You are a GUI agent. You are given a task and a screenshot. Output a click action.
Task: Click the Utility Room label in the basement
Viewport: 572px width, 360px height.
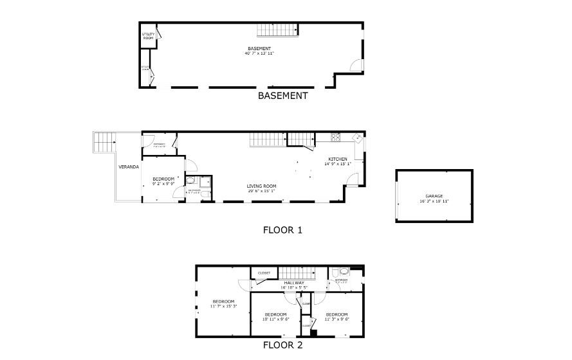click(148, 37)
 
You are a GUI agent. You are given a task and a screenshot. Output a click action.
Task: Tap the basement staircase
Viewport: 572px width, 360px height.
click(279, 30)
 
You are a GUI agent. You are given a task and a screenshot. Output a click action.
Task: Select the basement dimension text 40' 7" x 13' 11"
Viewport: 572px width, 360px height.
click(259, 53)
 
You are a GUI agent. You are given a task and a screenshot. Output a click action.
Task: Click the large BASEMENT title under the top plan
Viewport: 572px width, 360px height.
click(282, 96)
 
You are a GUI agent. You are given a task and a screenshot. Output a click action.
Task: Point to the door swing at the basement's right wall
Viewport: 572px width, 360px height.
click(355, 65)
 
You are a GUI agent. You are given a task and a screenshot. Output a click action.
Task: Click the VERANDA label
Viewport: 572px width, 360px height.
click(129, 167)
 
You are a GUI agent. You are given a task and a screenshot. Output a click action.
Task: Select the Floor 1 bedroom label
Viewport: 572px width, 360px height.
click(163, 179)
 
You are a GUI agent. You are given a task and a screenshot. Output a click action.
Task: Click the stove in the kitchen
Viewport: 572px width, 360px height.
click(335, 136)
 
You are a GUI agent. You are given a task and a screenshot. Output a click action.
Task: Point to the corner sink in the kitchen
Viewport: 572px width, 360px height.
click(357, 137)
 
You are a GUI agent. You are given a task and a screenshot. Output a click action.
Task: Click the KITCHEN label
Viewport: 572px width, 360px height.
click(337, 159)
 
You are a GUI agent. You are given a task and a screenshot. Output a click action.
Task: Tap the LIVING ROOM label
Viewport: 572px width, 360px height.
click(261, 186)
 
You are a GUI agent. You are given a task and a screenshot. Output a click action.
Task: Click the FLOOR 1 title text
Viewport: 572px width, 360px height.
click(282, 230)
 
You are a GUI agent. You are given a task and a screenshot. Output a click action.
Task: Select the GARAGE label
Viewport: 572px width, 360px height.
click(434, 196)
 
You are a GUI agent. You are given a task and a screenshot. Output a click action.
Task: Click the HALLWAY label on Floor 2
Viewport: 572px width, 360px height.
click(294, 283)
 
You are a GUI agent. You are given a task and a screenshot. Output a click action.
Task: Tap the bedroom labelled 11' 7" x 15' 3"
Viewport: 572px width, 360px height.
click(224, 301)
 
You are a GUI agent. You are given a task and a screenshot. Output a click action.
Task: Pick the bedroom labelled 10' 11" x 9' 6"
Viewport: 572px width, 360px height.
click(277, 314)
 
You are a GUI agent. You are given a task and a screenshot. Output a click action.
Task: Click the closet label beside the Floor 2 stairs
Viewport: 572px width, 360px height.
click(264, 273)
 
